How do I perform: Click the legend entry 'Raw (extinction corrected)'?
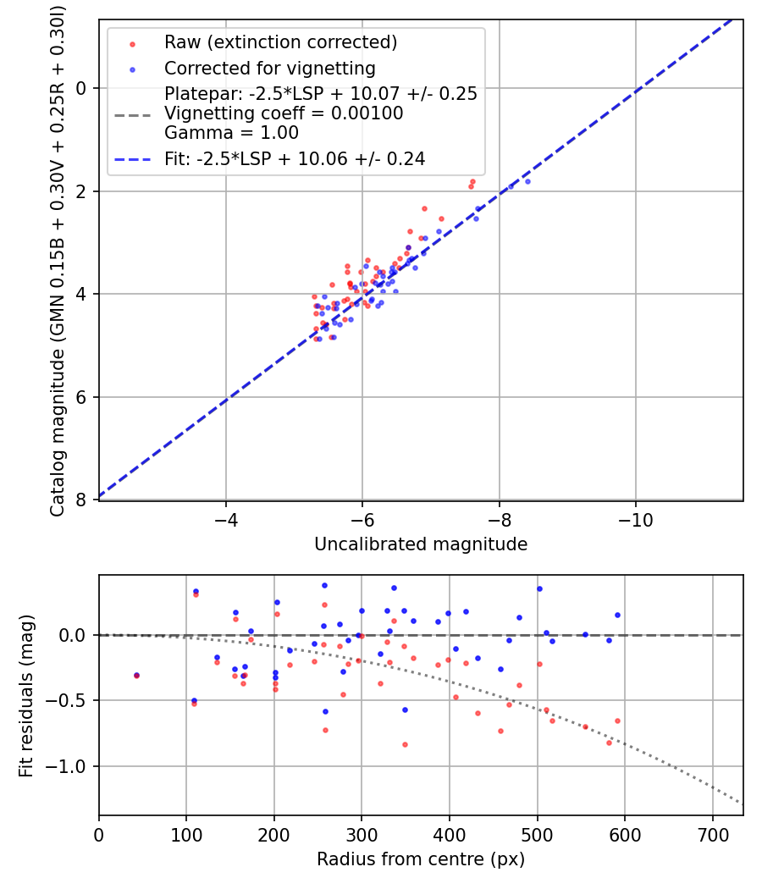tap(280, 42)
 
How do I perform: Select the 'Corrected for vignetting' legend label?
tap(269, 68)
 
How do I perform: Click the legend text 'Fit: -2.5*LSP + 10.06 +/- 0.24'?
tap(295, 158)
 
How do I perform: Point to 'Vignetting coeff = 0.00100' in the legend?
tap(284, 113)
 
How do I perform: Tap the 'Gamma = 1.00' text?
tap(231, 133)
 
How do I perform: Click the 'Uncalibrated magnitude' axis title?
tap(421, 544)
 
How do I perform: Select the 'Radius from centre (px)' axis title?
tap(421, 859)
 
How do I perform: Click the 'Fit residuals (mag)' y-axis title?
tap(25, 695)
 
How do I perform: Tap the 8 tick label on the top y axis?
tap(80, 500)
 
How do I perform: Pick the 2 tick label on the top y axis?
tap(80, 191)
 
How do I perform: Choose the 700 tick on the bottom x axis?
tap(712, 834)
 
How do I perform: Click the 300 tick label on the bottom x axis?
tap(362, 834)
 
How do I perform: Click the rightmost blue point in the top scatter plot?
tap(527, 181)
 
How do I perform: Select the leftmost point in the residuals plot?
tap(136, 675)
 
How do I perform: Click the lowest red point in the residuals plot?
tap(405, 744)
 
